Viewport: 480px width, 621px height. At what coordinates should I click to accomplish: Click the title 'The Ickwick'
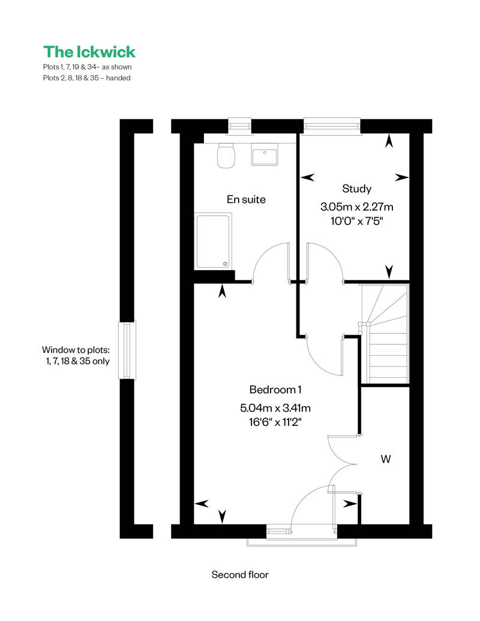(89, 52)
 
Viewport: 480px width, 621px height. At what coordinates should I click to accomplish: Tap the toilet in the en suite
(226, 155)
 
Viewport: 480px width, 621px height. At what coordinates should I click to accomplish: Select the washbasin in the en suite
(265, 154)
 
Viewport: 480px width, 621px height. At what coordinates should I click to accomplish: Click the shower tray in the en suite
(213, 241)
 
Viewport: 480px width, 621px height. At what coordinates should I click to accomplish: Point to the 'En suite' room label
(246, 199)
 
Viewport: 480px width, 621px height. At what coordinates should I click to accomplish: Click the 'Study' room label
(356, 189)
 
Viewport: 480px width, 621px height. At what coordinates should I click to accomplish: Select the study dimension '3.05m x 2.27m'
(356, 207)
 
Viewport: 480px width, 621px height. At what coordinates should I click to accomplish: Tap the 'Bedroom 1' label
(275, 390)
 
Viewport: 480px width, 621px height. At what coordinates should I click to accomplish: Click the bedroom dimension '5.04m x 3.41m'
(275, 407)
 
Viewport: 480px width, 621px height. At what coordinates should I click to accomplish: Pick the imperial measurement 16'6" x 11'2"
(275, 422)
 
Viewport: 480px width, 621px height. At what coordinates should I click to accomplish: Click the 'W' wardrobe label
(386, 459)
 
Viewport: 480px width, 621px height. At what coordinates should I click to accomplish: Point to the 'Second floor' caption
(240, 575)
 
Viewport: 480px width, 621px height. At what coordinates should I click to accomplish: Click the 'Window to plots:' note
(76, 350)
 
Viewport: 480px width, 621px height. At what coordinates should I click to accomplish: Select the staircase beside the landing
(385, 334)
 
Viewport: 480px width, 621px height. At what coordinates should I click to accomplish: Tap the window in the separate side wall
(127, 350)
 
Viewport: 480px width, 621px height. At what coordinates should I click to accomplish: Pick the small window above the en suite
(241, 125)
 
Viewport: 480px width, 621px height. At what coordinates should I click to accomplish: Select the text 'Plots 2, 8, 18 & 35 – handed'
(87, 78)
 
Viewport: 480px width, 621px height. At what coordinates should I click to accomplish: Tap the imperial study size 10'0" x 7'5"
(356, 221)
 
